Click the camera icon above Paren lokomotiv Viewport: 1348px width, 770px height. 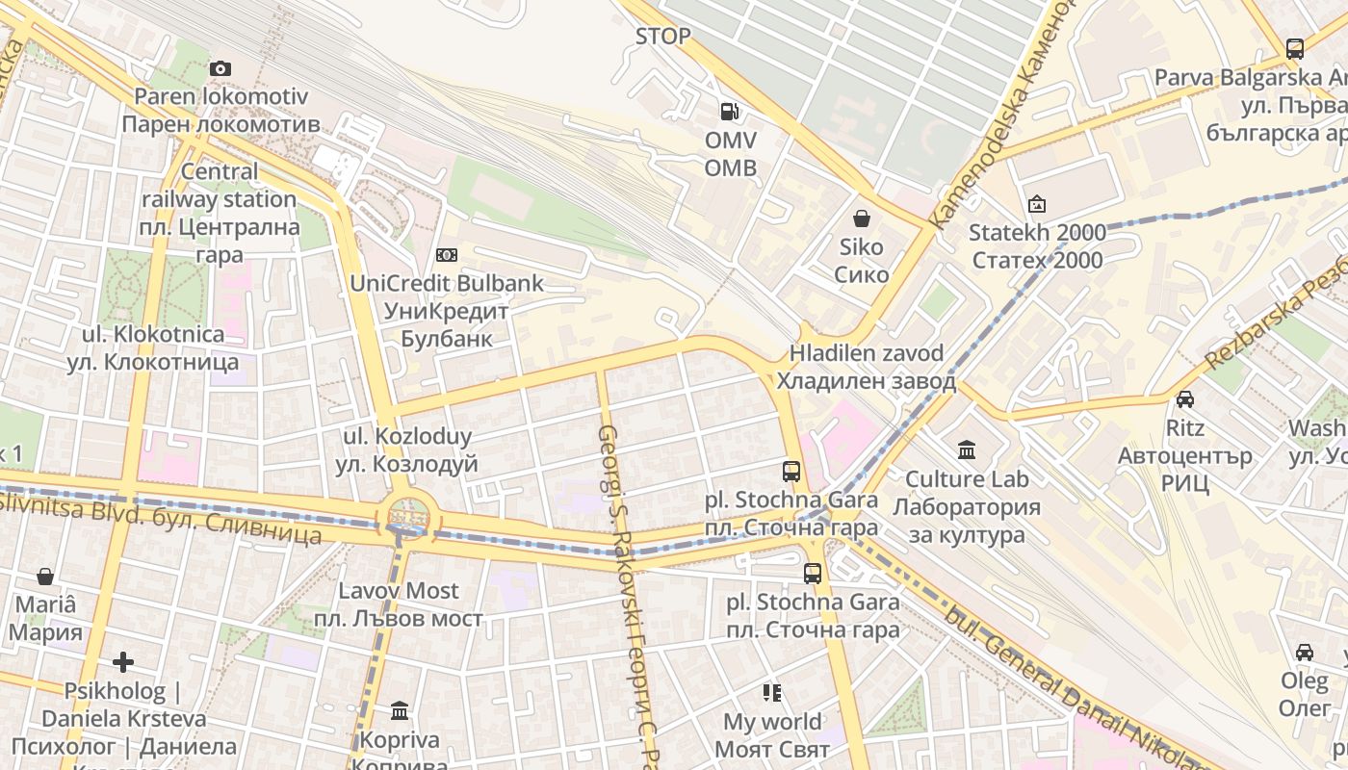tap(220, 68)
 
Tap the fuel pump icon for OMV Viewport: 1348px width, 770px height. tap(730, 112)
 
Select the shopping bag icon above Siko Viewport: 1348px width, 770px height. tap(862, 218)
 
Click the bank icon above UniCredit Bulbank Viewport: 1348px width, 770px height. tap(447, 255)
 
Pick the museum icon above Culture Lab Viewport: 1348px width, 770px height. tap(967, 449)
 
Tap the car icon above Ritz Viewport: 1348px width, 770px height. tap(1185, 398)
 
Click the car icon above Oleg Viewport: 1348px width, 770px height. tap(1305, 652)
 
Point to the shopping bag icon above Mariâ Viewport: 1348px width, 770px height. tap(45, 577)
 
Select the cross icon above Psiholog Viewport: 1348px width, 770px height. tap(122, 662)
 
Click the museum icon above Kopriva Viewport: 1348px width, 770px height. tap(400, 711)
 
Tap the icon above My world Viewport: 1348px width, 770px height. tap(772, 692)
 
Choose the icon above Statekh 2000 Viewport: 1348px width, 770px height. tap(1037, 204)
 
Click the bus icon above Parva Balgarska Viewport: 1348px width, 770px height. tap(1295, 48)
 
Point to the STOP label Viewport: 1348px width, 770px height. tap(662, 37)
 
